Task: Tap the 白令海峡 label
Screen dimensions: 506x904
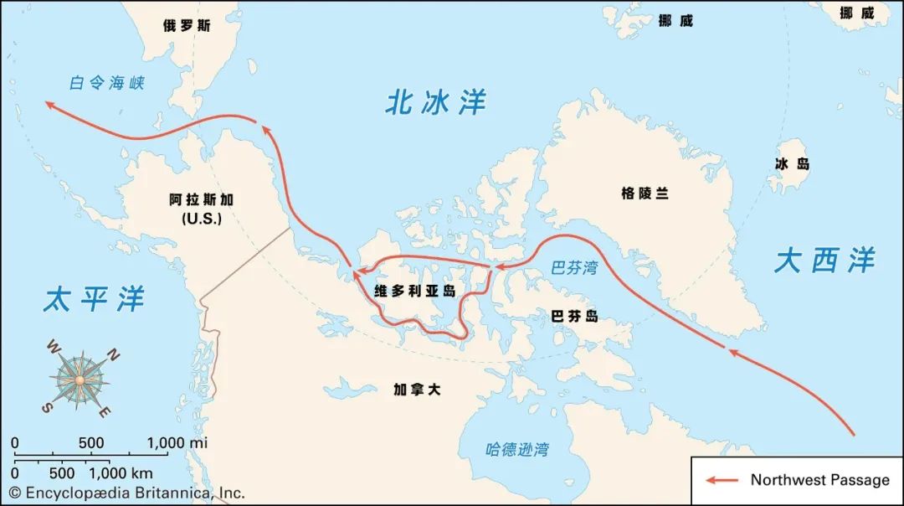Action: tap(107, 83)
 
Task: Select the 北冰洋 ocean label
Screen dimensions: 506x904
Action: tap(435, 102)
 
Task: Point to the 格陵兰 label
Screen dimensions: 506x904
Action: tap(645, 193)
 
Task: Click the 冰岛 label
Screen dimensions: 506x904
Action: tap(792, 164)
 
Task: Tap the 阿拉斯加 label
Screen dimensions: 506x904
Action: tap(201, 200)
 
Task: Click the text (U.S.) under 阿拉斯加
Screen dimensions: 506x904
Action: tap(201, 219)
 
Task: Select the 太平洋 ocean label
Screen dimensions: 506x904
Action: tap(94, 298)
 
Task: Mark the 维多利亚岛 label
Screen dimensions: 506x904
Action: tap(414, 292)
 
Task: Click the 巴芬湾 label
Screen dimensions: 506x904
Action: tap(574, 269)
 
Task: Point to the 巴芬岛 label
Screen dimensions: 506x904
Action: tap(575, 316)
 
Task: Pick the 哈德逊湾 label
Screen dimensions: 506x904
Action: tap(517, 450)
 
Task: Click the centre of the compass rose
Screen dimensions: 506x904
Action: tap(80, 379)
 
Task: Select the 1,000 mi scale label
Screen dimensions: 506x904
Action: tap(177, 442)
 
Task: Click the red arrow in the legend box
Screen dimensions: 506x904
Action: tap(722, 480)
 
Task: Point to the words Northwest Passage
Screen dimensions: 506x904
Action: tap(819, 480)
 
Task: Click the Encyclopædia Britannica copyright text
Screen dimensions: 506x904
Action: tap(127, 493)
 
